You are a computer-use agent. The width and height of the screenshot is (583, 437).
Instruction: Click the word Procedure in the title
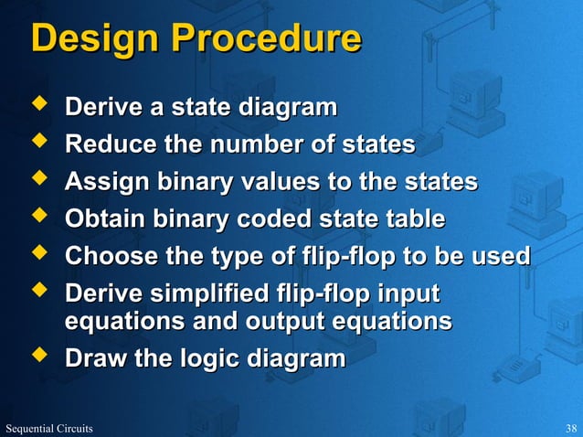tap(266, 39)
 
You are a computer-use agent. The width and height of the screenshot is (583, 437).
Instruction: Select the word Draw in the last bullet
tap(96, 359)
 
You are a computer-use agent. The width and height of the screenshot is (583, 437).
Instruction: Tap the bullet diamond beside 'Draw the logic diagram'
tap(39, 357)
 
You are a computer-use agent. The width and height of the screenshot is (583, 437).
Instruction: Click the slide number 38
tap(571, 428)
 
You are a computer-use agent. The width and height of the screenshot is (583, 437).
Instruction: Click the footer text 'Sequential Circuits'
tap(47, 428)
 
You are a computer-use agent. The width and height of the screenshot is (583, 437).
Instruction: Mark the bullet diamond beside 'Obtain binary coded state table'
tap(39, 218)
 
